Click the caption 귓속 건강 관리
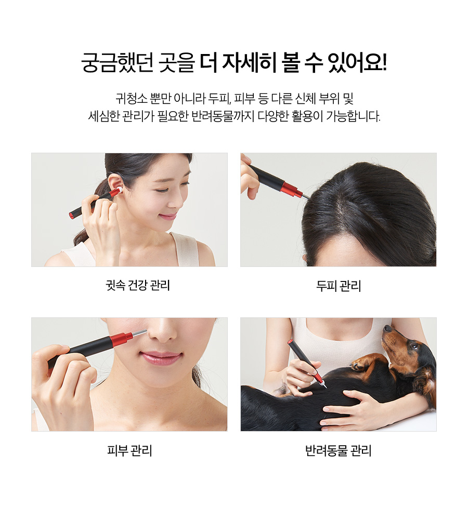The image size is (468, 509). click(x=138, y=285)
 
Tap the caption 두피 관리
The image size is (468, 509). click(x=339, y=286)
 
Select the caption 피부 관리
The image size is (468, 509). click(x=129, y=450)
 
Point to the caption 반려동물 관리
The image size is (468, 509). click(x=338, y=450)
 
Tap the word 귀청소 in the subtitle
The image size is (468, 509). click(x=131, y=98)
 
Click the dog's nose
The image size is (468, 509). click(x=387, y=328)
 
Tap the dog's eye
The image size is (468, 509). click(x=414, y=346)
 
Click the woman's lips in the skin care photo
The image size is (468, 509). click(x=161, y=357)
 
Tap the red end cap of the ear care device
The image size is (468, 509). click(x=72, y=215)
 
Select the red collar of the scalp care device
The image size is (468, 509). click(x=291, y=189)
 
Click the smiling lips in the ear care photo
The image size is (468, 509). click(x=168, y=217)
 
